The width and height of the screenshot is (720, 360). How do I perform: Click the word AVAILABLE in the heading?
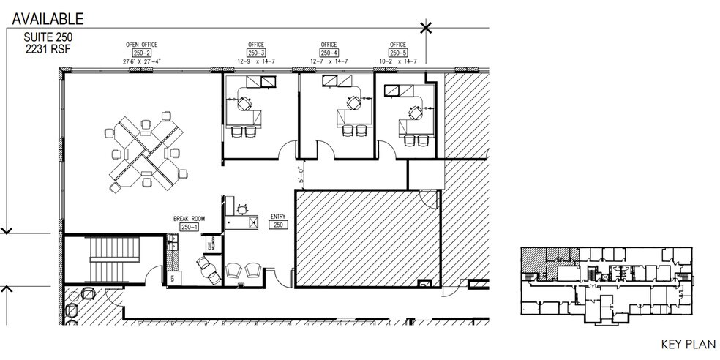coord(45,19)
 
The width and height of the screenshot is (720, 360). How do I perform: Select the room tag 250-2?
coord(141,53)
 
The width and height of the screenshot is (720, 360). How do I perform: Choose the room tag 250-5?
coord(399,53)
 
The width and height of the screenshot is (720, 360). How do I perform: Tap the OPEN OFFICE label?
coord(141,45)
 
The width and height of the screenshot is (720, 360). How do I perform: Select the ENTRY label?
coord(277,217)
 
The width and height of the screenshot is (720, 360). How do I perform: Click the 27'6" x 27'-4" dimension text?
coord(141,61)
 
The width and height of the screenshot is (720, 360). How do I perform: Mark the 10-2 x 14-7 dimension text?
coord(399,61)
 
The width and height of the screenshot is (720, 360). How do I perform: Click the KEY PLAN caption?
coord(681,343)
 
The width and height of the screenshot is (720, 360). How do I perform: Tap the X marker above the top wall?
coord(426,29)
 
